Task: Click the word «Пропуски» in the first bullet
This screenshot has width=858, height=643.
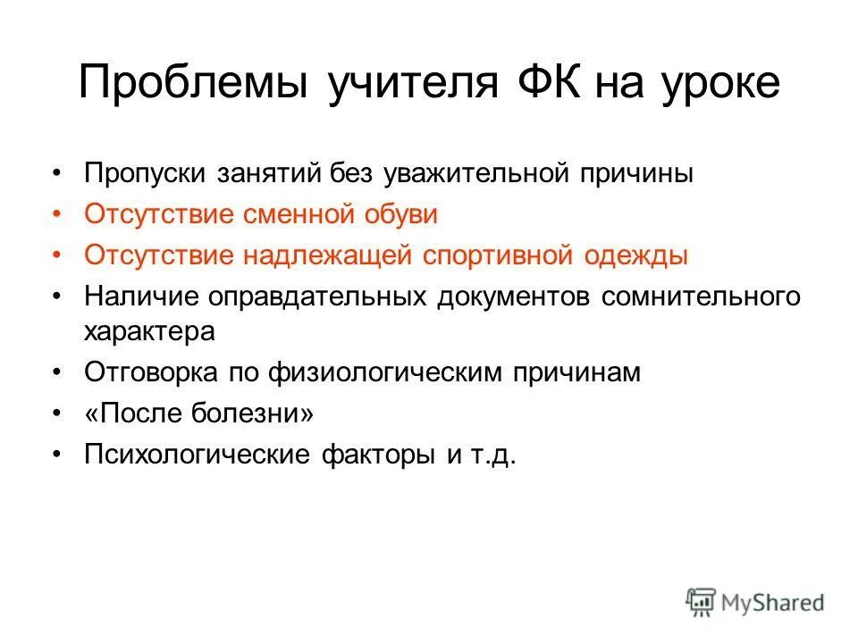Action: [x=144, y=173]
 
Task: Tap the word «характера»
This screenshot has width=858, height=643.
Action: [x=150, y=331]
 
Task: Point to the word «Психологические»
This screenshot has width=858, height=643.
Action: [x=195, y=455]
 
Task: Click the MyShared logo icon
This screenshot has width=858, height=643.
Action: [x=702, y=602]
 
